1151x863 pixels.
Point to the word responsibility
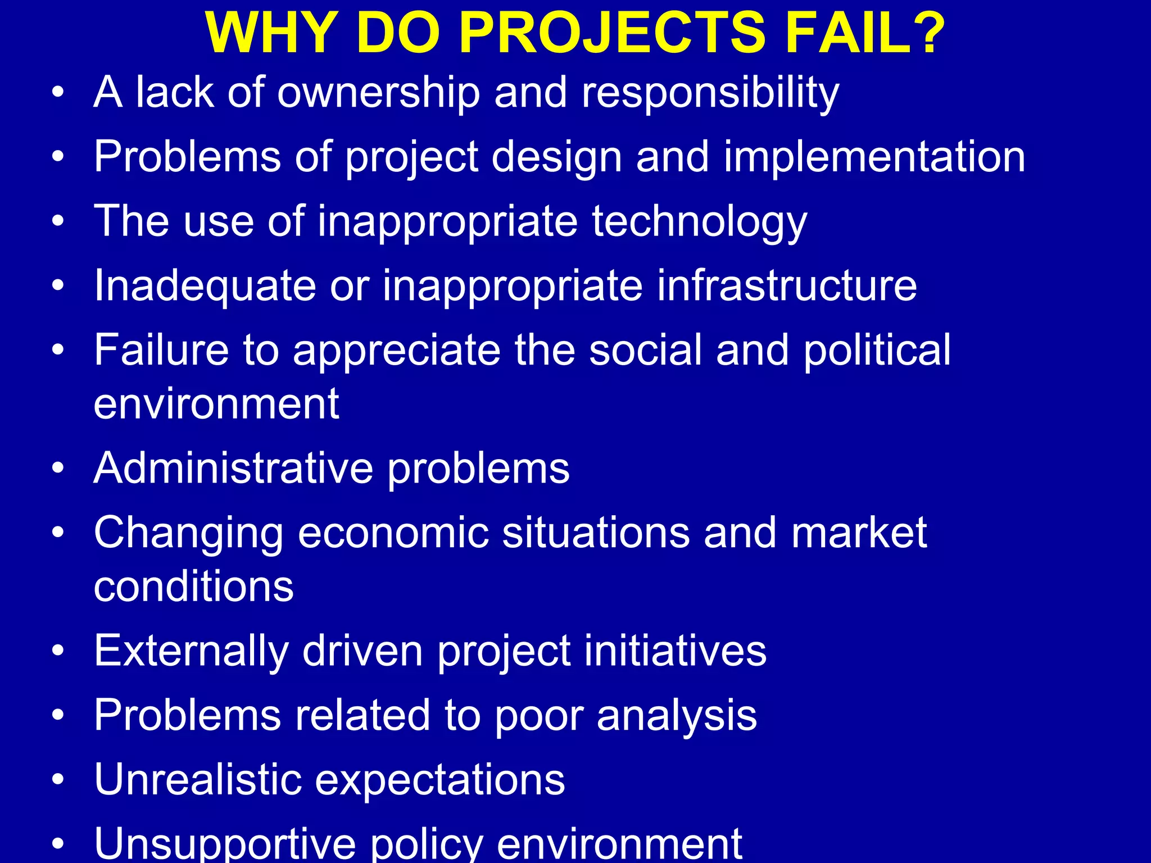click(710, 93)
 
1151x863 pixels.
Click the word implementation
click(874, 157)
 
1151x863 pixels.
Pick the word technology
click(699, 222)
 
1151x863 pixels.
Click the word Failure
click(161, 349)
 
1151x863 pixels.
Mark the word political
click(877, 349)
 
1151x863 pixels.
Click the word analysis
click(677, 716)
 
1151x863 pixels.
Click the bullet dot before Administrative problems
click(58, 467)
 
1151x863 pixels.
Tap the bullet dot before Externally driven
click(58, 651)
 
